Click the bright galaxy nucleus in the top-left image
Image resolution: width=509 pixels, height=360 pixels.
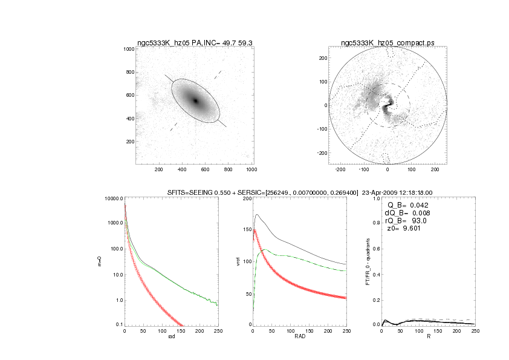195,100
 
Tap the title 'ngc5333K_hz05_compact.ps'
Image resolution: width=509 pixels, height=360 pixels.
387,42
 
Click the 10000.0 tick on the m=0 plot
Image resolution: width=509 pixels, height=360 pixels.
114,198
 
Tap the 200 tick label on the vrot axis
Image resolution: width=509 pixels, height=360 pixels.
246,198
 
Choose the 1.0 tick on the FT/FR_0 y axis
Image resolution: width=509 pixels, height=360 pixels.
376,198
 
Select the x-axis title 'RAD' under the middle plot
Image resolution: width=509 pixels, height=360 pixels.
300,336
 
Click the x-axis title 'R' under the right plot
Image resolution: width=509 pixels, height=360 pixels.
428,336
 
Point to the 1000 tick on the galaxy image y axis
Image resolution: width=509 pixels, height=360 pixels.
128,49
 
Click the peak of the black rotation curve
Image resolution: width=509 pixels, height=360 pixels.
257,214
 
